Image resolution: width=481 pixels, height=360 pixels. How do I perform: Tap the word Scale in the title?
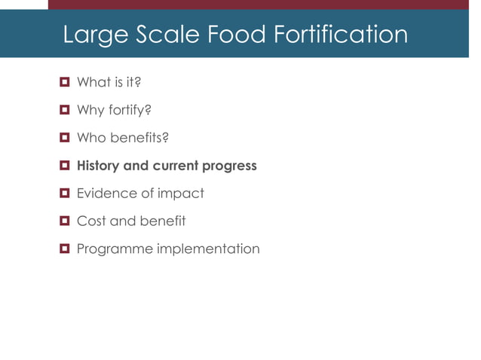[163, 35]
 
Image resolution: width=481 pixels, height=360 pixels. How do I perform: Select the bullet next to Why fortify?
[65, 110]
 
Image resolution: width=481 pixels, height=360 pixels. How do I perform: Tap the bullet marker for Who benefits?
[65, 138]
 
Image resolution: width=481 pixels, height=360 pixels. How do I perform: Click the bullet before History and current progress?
[65, 165]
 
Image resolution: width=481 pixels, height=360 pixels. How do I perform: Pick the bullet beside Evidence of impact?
[65, 193]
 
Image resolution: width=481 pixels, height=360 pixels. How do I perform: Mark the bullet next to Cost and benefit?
[65, 221]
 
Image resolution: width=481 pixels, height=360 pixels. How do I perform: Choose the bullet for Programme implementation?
[65, 249]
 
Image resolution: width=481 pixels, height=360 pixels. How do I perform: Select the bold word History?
[100, 166]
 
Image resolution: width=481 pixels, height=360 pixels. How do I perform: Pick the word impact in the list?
[181, 194]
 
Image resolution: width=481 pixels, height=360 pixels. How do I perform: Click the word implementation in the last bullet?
[208, 249]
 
